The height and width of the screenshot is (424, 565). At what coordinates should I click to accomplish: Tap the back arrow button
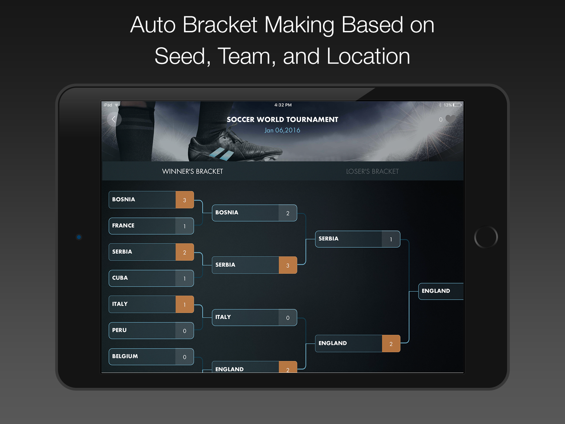(x=114, y=119)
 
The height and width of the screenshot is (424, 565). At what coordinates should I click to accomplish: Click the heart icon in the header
(x=451, y=119)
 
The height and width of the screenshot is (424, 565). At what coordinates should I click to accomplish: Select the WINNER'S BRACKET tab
(x=192, y=171)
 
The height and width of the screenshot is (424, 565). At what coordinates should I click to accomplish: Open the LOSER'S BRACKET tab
(x=372, y=171)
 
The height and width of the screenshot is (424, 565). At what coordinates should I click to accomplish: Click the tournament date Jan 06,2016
(x=282, y=130)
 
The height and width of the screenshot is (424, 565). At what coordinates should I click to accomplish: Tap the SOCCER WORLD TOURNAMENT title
(x=282, y=119)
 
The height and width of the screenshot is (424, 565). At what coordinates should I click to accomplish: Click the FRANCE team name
(x=123, y=226)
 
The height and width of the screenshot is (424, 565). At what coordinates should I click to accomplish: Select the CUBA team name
(x=120, y=278)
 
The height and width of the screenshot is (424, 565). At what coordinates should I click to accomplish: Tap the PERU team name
(x=120, y=330)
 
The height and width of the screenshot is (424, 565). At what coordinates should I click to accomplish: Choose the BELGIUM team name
(x=125, y=356)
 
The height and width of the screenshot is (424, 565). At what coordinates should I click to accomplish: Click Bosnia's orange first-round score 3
(x=185, y=200)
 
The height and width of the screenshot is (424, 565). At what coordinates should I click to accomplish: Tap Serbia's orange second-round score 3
(x=288, y=265)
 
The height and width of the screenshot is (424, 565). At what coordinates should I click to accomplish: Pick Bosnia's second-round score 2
(x=288, y=213)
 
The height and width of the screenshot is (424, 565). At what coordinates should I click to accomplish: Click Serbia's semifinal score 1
(x=391, y=239)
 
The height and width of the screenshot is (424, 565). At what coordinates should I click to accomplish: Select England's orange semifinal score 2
(x=391, y=344)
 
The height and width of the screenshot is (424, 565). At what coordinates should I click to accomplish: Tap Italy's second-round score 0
(x=288, y=318)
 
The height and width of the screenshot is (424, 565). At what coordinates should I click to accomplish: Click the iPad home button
(x=486, y=237)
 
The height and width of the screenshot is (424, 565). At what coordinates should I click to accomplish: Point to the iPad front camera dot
(x=79, y=237)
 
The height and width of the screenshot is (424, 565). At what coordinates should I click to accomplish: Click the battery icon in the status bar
(x=457, y=105)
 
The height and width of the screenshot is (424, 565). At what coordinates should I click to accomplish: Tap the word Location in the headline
(x=368, y=56)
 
